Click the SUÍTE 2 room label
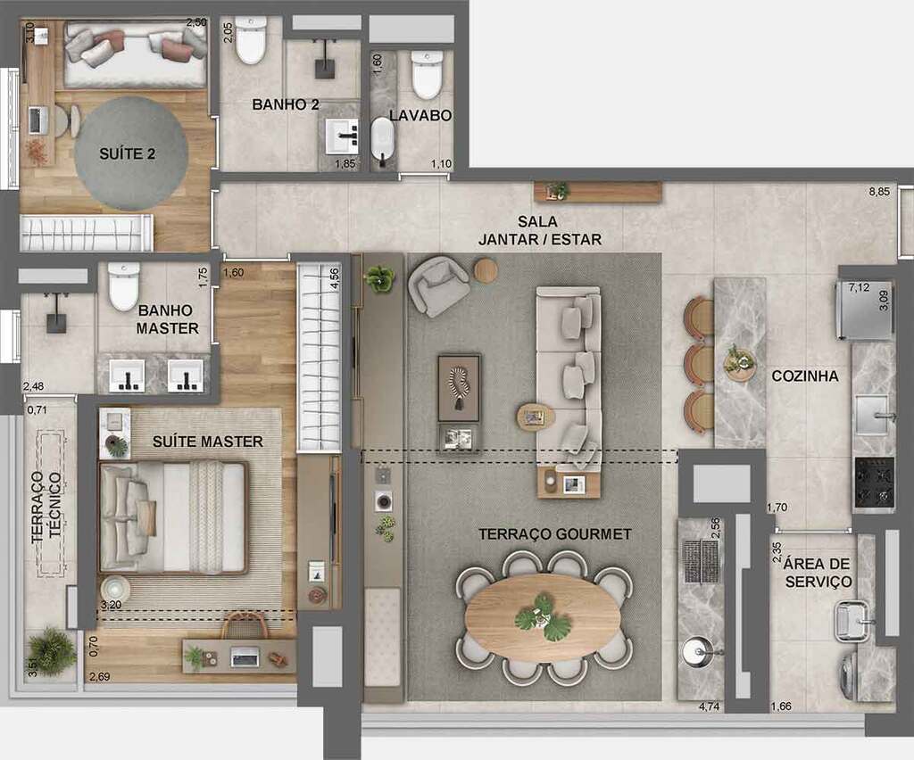[127, 153]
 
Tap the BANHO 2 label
[285, 104]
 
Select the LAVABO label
[420, 115]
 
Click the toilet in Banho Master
[123, 285]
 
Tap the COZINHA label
[804, 376]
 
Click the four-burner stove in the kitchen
[874, 483]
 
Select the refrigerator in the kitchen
[863, 310]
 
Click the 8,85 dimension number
[880, 192]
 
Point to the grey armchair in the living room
[437, 285]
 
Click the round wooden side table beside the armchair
[486, 270]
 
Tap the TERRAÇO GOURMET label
[554, 534]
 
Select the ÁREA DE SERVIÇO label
[818, 573]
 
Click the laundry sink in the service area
[852, 622]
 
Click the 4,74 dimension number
[710, 707]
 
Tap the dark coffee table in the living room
[459, 387]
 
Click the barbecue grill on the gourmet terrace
[701, 560]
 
